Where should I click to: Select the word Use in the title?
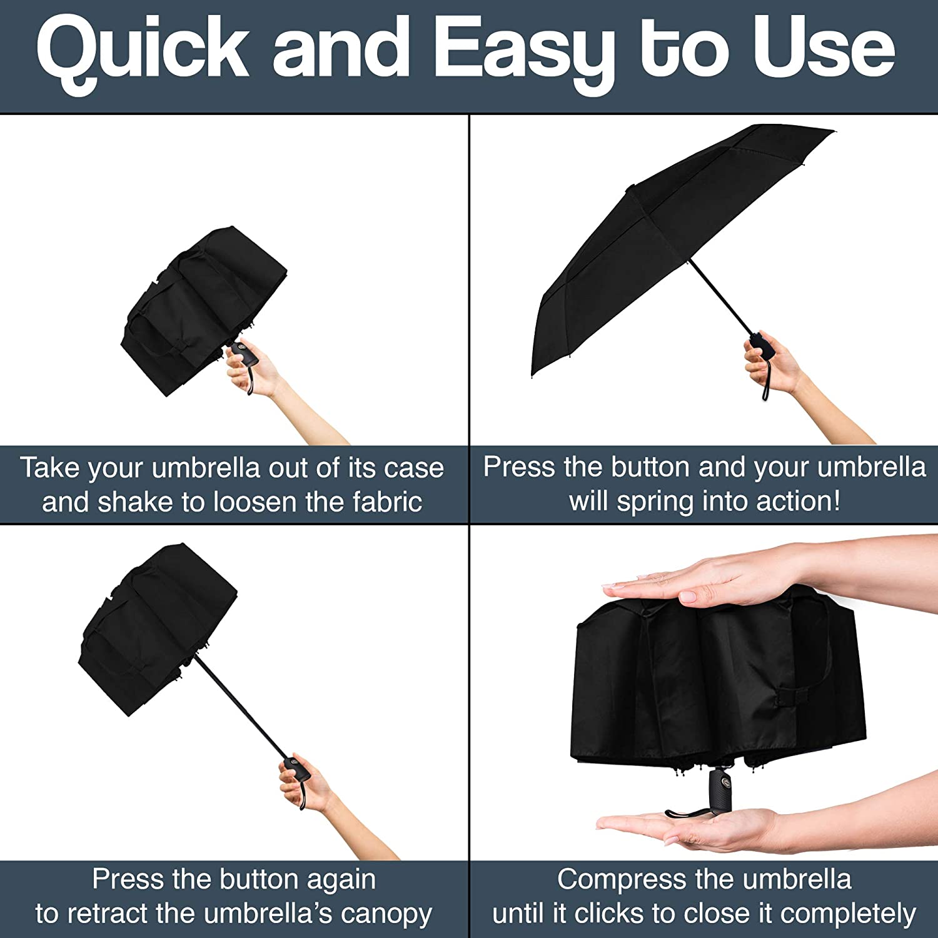pos(824,49)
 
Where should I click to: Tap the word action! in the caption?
pos(799,501)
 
